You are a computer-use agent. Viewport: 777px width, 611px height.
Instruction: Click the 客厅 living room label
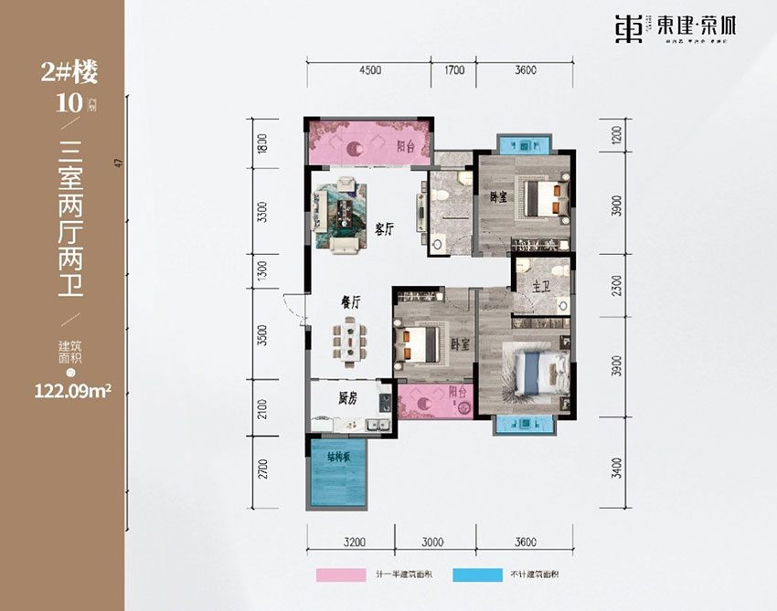(384, 228)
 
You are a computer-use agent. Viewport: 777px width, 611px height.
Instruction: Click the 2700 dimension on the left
(261, 470)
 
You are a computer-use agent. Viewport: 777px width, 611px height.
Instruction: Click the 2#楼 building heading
(69, 70)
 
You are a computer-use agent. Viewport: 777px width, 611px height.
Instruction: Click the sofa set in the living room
(341, 215)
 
